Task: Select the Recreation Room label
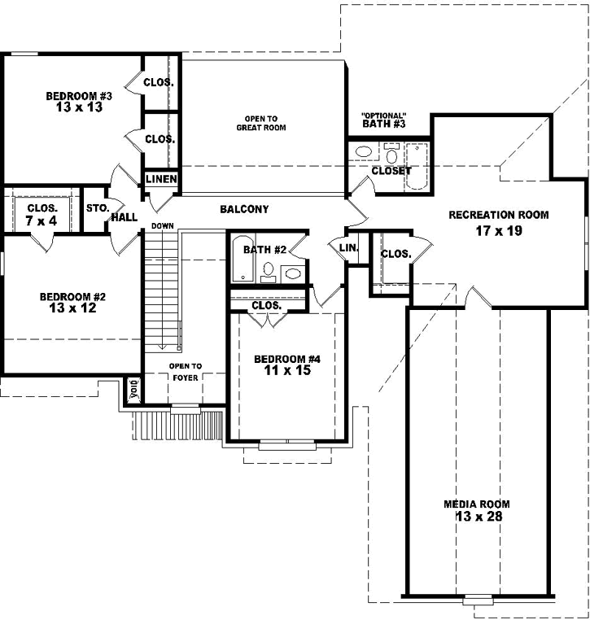[499, 216]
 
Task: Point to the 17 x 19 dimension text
[499, 230]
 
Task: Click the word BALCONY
[244, 210]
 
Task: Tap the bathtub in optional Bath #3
[416, 165]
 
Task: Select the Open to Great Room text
[261, 122]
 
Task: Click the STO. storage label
[97, 208]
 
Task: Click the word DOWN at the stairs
[162, 225]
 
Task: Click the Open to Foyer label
[185, 371]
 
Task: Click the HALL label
[125, 217]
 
